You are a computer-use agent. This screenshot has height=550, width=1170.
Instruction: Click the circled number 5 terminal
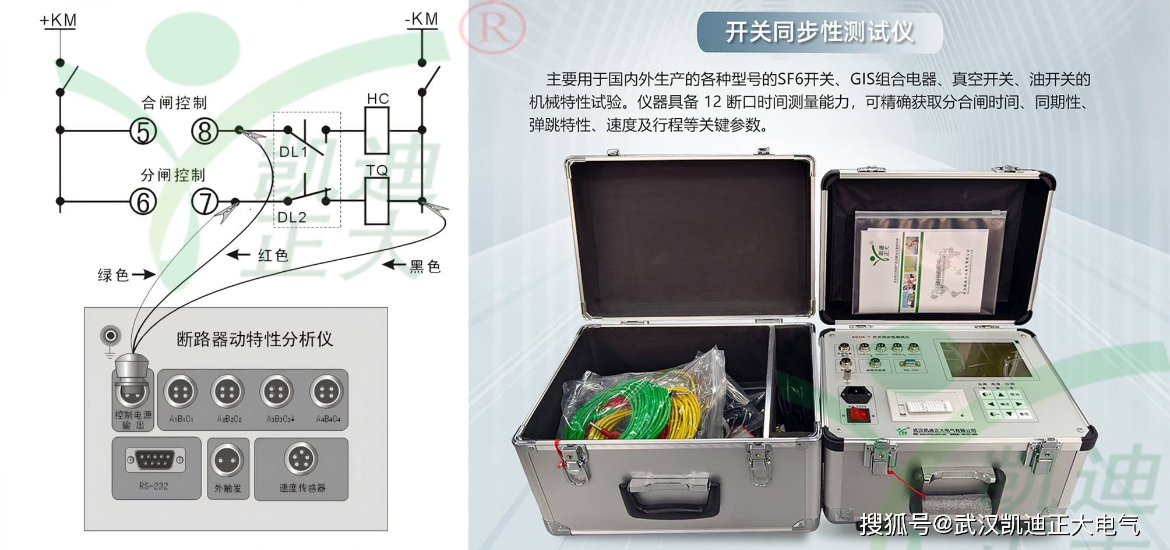click(x=143, y=131)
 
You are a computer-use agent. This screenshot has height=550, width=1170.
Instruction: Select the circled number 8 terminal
click(x=205, y=131)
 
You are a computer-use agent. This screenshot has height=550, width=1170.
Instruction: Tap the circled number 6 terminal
click(x=143, y=202)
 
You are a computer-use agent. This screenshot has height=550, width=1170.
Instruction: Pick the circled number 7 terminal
click(x=205, y=202)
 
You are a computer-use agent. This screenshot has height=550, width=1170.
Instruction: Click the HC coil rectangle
click(x=377, y=131)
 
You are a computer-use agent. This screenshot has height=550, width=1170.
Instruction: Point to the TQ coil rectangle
click(x=377, y=201)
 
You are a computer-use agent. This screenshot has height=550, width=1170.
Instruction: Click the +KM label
click(x=58, y=21)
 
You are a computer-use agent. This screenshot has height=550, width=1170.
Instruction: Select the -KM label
click(x=421, y=20)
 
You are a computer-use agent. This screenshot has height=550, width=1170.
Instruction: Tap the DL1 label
click(x=293, y=152)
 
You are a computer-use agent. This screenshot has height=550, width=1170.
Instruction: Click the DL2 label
click(x=292, y=218)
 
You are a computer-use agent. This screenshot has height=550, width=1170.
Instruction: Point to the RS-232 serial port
click(x=155, y=460)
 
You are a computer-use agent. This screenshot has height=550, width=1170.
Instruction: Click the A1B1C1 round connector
click(x=181, y=392)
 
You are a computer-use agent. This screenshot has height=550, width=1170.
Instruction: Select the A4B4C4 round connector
click(x=327, y=392)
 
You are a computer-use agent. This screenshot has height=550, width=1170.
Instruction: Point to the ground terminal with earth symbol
click(x=110, y=336)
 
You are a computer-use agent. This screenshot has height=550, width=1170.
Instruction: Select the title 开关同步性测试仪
click(x=819, y=33)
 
